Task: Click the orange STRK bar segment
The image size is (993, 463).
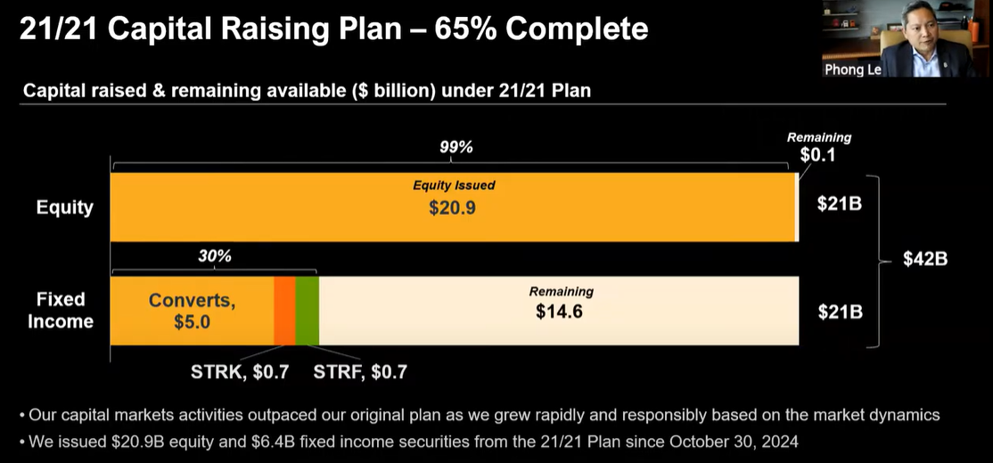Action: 284,310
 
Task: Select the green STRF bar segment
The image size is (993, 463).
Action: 307,310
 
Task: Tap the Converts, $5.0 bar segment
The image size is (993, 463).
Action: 192,310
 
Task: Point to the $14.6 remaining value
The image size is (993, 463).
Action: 560,311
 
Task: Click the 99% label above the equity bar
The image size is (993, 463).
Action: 455,147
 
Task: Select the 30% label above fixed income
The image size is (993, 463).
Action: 214,256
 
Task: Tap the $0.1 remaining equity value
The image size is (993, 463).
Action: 817,154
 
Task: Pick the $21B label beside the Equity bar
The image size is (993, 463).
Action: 839,203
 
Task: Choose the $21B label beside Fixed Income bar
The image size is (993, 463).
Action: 839,311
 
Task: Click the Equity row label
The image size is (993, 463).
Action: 63,207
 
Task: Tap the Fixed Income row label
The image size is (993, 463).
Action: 61,310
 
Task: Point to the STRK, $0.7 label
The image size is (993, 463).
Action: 240,372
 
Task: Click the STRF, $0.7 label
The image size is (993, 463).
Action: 360,372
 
